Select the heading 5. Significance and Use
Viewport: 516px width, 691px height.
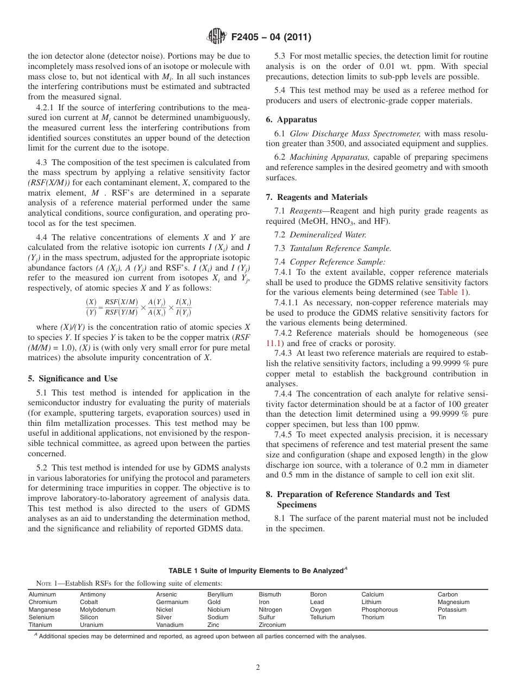coord(72,379)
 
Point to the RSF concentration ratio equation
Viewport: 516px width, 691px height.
coord(139,307)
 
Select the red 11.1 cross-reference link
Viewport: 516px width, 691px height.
coord(273,343)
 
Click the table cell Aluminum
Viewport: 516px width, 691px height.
coord(42,594)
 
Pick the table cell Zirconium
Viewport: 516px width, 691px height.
coord(272,625)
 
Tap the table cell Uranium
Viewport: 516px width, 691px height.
coord(91,625)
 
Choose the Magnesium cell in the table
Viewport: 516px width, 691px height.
coord(454,602)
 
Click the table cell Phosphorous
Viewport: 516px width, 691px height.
coord(380,610)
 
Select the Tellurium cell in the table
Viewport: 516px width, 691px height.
coord(322,617)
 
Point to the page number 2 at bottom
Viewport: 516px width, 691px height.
coord(258,668)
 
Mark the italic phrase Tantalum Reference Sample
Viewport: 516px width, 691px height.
coord(340,248)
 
